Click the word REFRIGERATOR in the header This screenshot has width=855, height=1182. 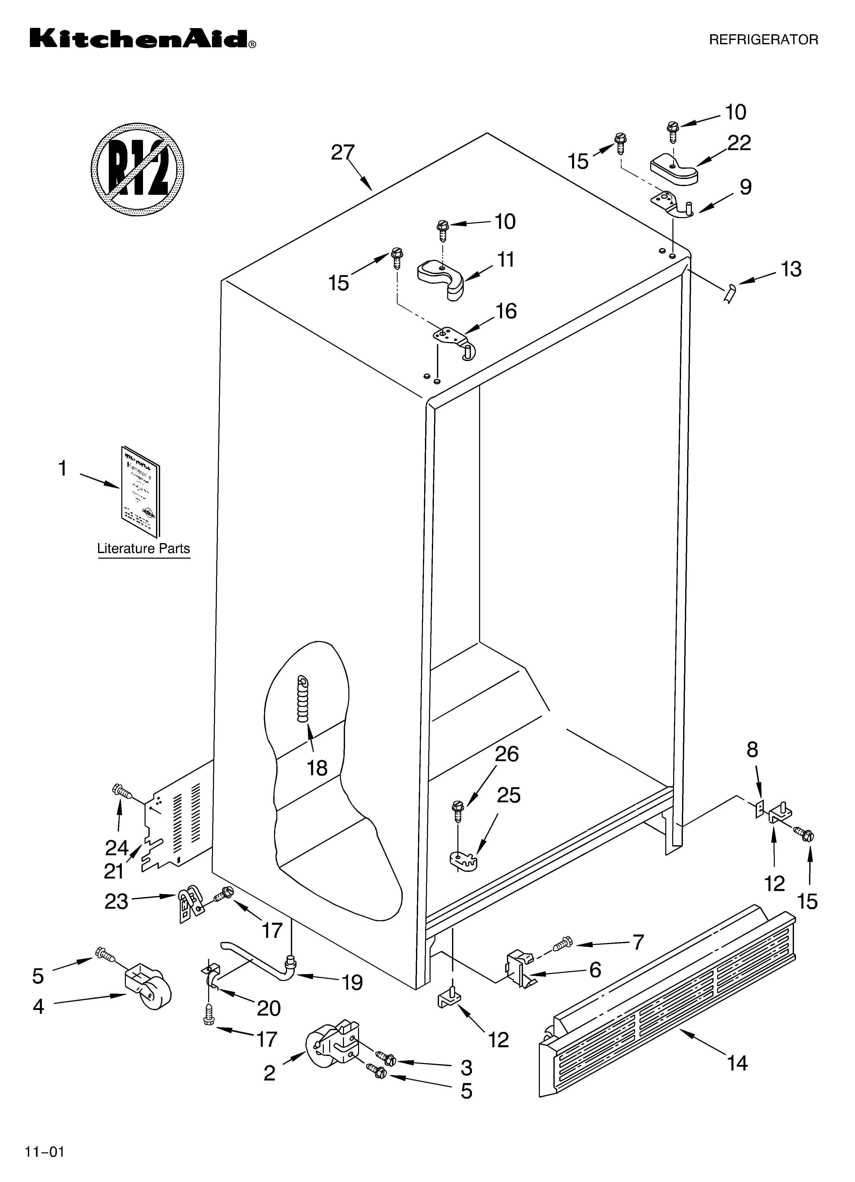tap(763, 40)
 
